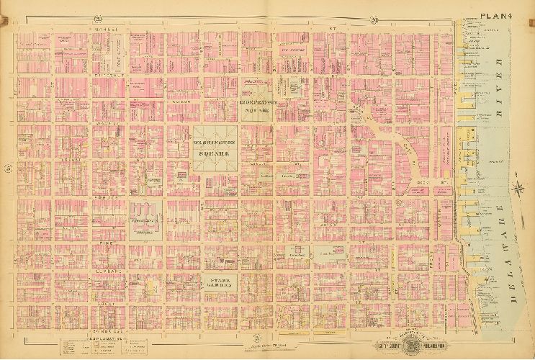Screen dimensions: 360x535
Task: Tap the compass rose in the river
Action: pyautogui.click(x=518, y=189)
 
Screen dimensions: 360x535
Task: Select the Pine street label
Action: pyautogui.click(x=110, y=243)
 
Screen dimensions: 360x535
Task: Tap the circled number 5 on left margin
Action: pyautogui.click(x=7, y=169)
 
